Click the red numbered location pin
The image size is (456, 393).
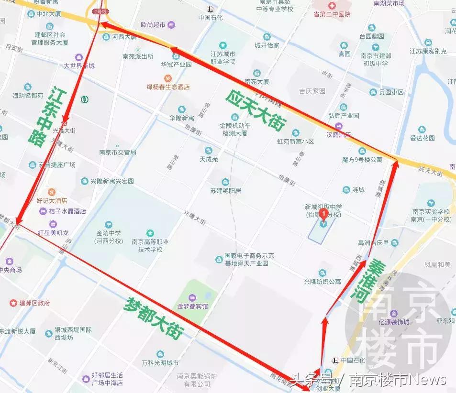[x=323, y=214]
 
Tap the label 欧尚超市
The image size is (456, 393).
[x=153, y=24]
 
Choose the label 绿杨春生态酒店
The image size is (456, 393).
[x=168, y=87]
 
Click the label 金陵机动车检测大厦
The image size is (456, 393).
[x=234, y=129]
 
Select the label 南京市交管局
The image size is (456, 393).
[x=117, y=153]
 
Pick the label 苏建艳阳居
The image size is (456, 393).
[x=225, y=190]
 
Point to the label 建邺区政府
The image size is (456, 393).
[x=34, y=303]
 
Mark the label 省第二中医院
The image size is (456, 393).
[x=332, y=14]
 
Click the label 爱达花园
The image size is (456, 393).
[x=422, y=138]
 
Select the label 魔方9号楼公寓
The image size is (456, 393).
[x=362, y=159]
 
